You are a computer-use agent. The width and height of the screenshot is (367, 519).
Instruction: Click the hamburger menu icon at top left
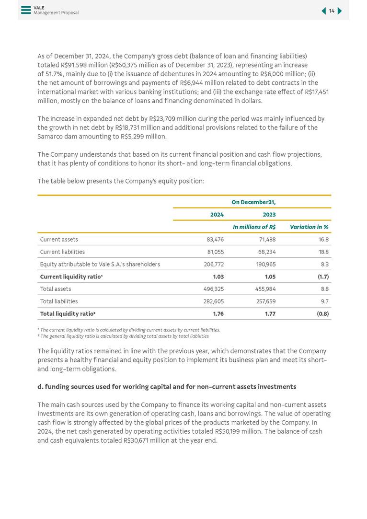click(26, 10)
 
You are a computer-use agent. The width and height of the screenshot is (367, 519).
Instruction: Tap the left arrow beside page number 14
click(324, 11)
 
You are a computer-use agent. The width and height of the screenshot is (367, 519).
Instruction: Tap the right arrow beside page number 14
click(340, 11)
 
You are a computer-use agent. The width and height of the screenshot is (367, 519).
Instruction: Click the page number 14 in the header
click(332, 11)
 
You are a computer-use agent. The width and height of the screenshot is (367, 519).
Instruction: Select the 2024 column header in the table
click(217, 215)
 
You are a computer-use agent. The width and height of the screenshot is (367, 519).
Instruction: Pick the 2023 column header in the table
click(269, 215)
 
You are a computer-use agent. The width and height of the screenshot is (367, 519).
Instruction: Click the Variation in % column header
click(309, 227)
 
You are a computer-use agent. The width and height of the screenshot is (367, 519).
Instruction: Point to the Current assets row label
click(59, 240)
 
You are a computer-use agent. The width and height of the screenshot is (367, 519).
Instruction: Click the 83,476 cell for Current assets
click(215, 240)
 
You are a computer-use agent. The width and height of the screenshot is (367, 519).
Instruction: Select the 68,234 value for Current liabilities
click(267, 252)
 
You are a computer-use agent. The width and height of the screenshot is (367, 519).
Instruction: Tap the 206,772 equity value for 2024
click(214, 265)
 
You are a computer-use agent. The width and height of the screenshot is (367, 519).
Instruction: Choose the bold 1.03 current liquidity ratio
click(218, 277)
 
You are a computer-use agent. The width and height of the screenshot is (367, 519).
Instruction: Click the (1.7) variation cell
click(323, 277)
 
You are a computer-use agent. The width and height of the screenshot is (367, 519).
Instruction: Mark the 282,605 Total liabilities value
click(214, 302)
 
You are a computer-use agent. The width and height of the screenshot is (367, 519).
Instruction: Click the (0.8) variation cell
click(322, 314)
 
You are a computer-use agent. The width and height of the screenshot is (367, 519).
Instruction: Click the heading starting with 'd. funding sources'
click(167, 387)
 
